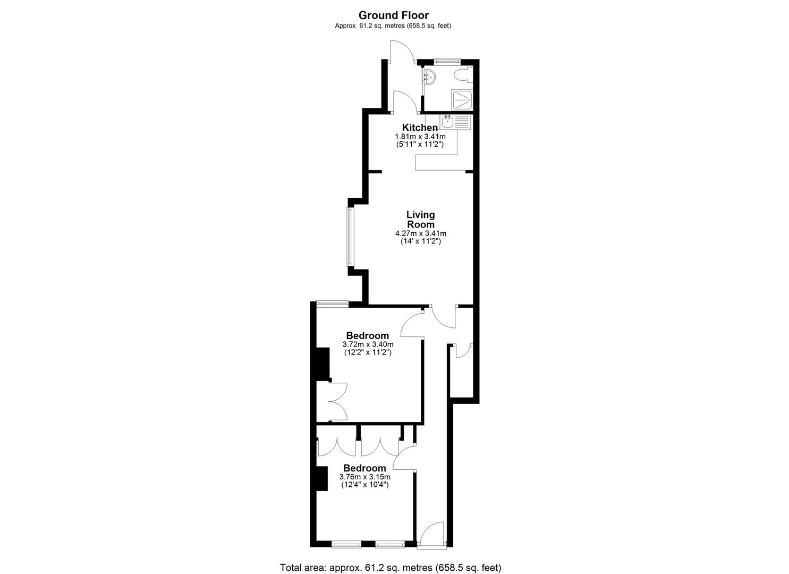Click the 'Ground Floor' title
pyautogui.click(x=393, y=15)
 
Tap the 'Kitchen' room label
pyautogui.click(x=420, y=128)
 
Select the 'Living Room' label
pyautogui.click(x=420, y=220)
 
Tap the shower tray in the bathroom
pyautogui.click(x=462, y=99)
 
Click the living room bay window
pyautogui.click(x=350, y=237)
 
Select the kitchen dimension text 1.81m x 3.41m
pyautogui.click(x=420, y=137)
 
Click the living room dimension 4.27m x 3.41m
pyautogui.click(x=420, y=233)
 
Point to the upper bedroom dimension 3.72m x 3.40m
pyautogui.click(x=368, y=344)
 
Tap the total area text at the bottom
pyautogui.click(x=391, y=568)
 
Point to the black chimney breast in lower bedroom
pyautogui.click(x=321, y=478)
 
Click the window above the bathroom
pyautogui.click(x=446, y=61)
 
